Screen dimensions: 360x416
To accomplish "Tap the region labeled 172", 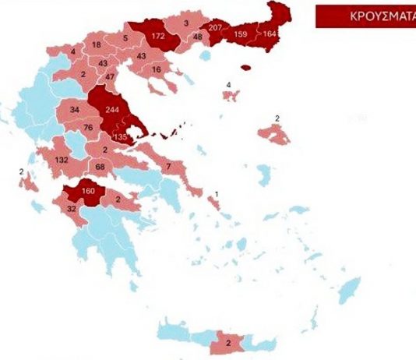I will click(158, 36).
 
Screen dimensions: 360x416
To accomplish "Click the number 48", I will click(197, 36).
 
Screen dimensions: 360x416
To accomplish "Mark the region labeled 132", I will click(63, 161).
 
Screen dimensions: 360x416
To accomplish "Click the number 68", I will click(100, 166).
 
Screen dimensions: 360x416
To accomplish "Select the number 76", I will click(87, 128).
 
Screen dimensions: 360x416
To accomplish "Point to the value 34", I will click(75, 109).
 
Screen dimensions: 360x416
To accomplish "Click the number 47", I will click(110, 76).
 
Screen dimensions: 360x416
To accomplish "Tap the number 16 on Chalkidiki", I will click(157, 70).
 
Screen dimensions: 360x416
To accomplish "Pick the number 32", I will click(71, 209).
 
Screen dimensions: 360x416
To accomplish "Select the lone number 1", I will click(217, 193).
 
